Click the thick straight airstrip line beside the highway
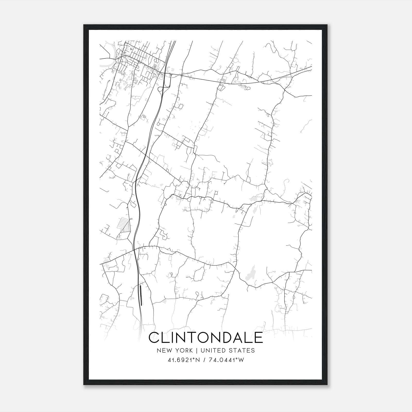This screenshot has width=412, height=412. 141,295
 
